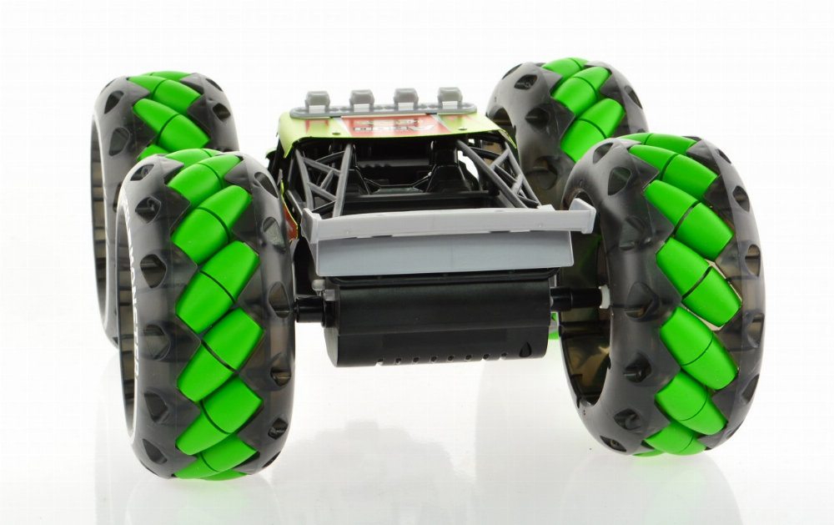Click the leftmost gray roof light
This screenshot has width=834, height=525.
click(317, 100)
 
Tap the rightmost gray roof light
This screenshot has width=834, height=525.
click(450, 97)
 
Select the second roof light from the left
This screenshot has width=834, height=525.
click(362, 99)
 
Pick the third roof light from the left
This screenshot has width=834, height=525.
click(406, 98)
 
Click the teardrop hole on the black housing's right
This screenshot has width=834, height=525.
click(525, 349)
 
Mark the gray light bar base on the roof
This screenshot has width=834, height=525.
click(384, 109)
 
